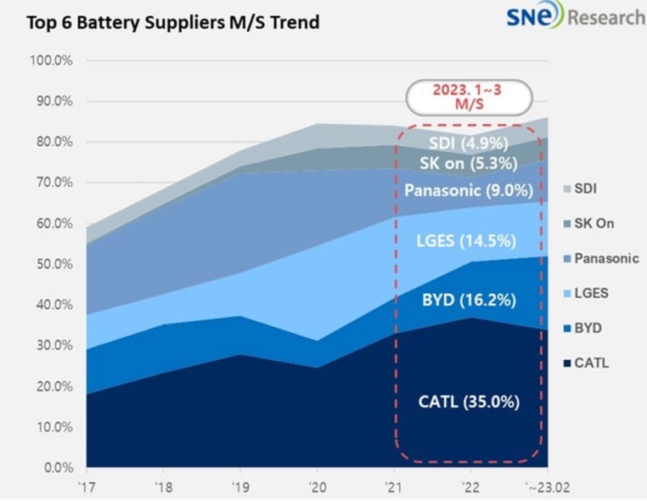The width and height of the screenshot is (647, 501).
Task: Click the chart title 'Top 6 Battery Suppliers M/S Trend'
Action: (172, 22)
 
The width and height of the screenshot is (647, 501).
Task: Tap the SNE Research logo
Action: (575, 17)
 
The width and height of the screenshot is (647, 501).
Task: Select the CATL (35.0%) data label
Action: (468, 402)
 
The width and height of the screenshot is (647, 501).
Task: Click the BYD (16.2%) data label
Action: (469, 300)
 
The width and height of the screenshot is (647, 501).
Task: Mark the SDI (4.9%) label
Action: (468, 143)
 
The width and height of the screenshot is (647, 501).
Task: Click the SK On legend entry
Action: (594, 223)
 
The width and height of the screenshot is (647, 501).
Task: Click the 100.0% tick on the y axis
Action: (50, 61)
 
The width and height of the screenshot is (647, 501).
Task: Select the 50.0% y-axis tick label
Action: (53, 264)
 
